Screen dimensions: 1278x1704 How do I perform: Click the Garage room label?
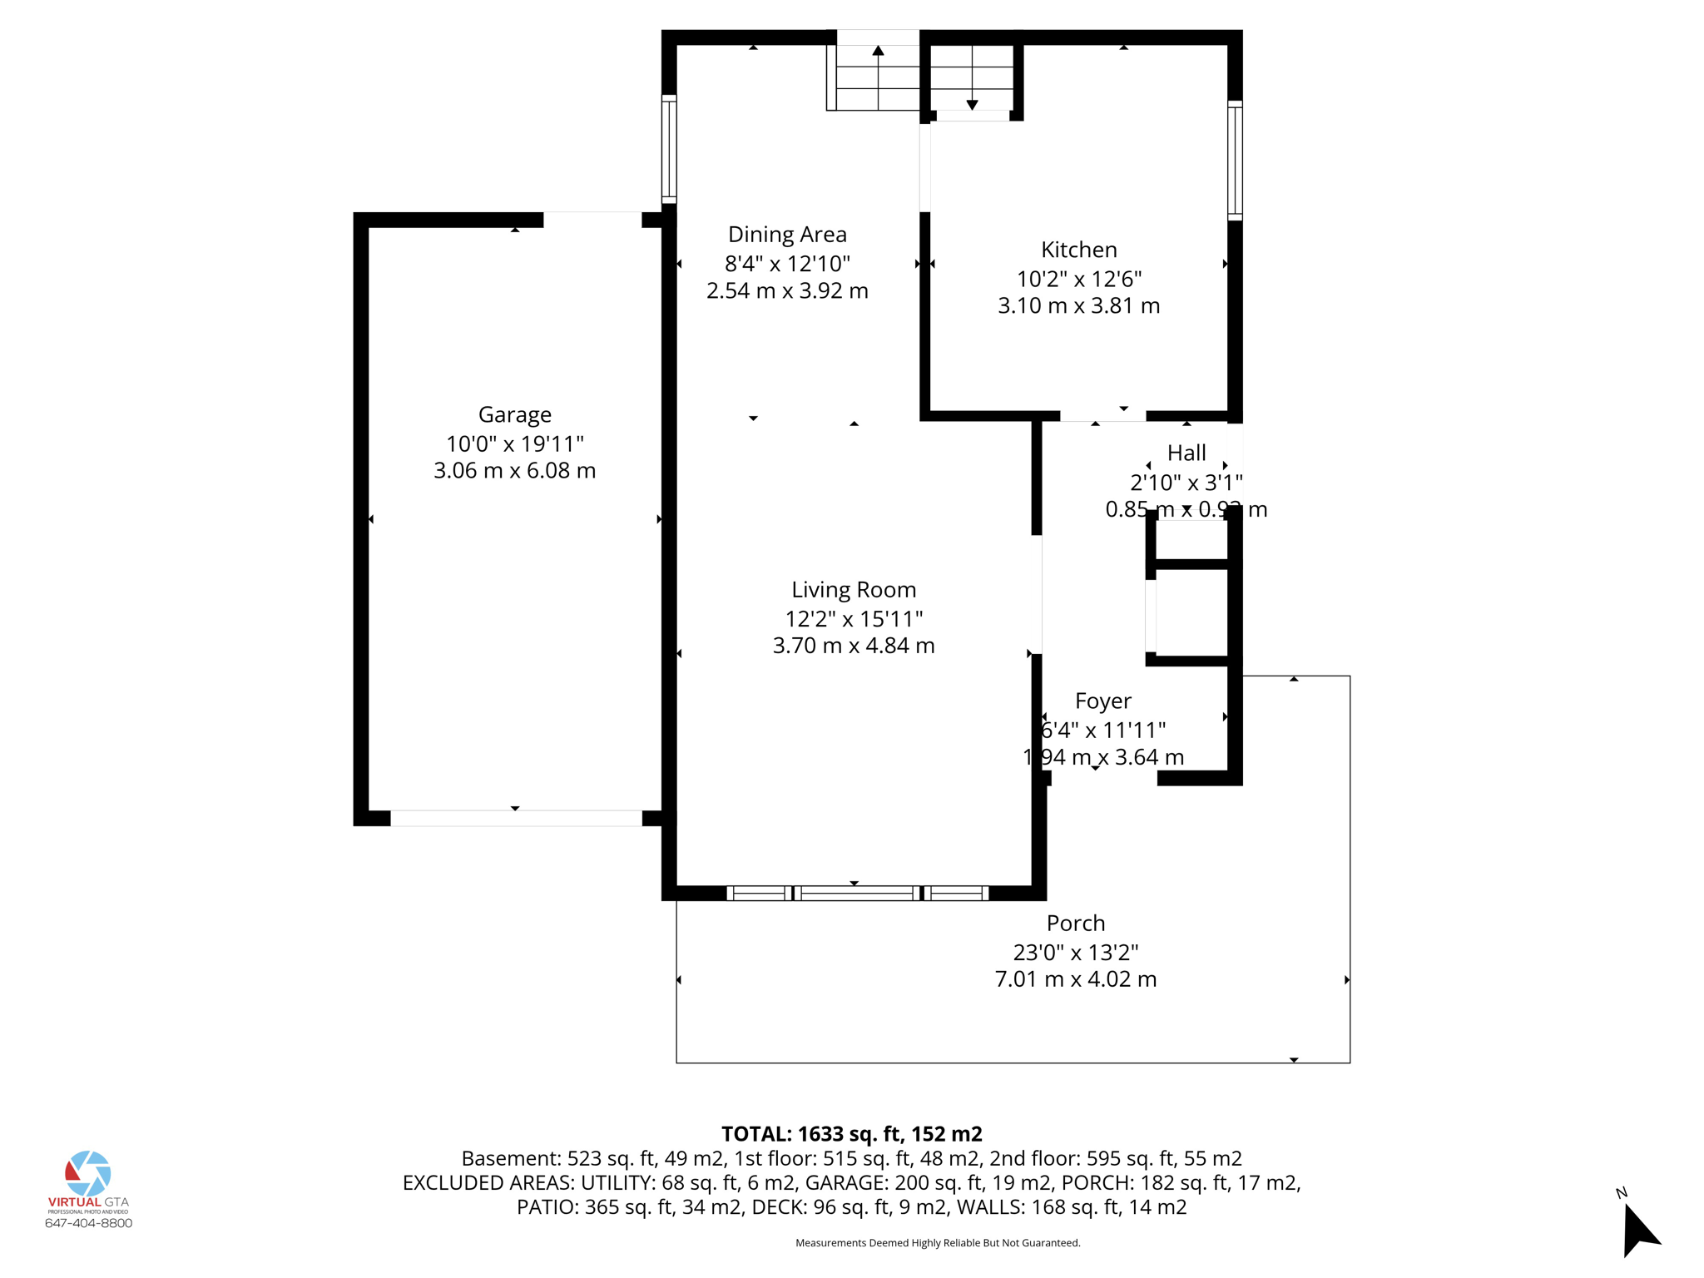[x=514, y=414]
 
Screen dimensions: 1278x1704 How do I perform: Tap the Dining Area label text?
[x=787, y=235]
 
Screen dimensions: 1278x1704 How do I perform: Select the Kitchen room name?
[x=1078, y=250]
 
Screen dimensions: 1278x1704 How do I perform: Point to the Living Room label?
[x=853, y=590]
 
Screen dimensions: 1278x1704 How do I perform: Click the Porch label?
[x=1075, y=924]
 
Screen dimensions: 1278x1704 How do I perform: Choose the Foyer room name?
[x=1102, y=701]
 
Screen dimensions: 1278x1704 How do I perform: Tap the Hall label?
[x=1186, y=453]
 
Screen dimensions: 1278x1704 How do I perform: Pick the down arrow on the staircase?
[x=972, y=104]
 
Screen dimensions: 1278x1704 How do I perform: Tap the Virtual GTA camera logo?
[x=88, y=1173]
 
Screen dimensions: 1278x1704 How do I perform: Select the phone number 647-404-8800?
[x=88, y=1223]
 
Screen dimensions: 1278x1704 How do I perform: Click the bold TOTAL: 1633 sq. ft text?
[x=851, y=1134]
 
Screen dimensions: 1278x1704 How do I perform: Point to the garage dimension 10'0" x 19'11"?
[x=514, y=443]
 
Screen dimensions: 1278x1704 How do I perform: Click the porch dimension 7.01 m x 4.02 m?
[x=1075, y=979]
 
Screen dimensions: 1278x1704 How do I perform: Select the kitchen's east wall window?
[x=1235, y=161]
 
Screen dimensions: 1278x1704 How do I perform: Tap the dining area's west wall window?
[x=669, y=150]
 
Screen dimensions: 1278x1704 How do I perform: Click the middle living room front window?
[x=857, y=894]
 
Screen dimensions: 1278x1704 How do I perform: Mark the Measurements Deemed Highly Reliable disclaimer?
[x=937, y=1243]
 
